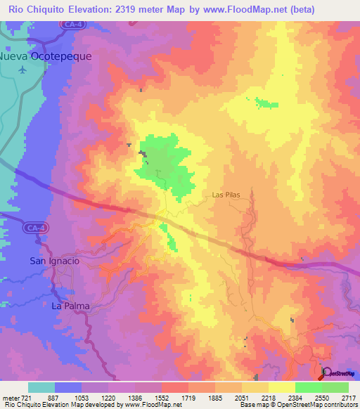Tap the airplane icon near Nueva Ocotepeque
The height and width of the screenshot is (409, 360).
tap(23, 70)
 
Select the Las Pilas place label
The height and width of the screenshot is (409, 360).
tap(226, 195)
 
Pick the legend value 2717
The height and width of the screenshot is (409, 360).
tap(349, 398)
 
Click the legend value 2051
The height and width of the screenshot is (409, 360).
tap(241, 398)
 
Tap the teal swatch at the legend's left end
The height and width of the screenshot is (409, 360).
tap(41, 387)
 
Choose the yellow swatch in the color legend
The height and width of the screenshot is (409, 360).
tap(281, 387)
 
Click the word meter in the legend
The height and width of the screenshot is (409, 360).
tap(12, 398)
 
